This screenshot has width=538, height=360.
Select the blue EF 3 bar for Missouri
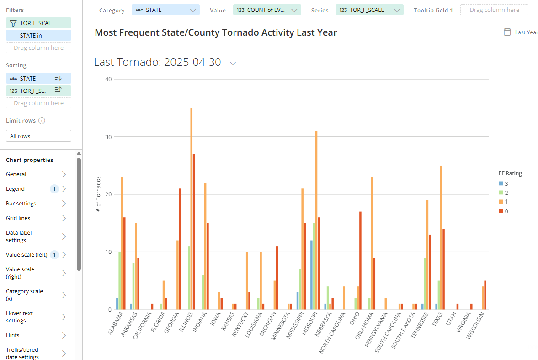point(311,275)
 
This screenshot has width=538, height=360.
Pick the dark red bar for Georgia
point(180,249)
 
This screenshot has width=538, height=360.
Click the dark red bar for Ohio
point(360,260)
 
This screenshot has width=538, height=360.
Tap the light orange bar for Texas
point(441,237)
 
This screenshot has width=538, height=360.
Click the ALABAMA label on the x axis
point(116,324)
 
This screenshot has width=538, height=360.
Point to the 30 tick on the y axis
point(108,137)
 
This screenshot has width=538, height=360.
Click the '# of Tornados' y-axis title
point(98,194)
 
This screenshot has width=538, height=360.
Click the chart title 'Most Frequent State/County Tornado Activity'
point(216,32)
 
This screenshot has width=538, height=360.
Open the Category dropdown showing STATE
point(165,10)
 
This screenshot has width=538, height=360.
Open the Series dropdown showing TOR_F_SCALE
point(369,10)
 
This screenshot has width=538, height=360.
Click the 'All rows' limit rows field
point(38,136)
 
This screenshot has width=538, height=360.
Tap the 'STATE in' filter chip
point(38,35)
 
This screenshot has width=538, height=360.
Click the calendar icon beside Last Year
point(507,32)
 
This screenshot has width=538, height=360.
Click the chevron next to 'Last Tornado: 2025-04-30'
point(233,63)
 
